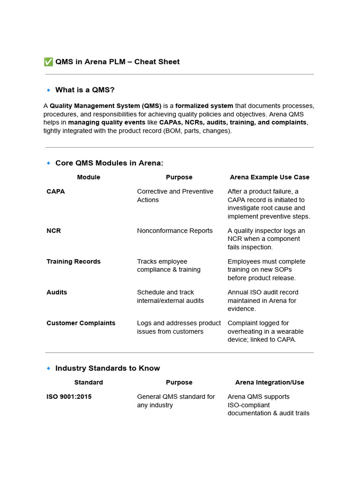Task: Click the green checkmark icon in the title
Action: point(48,62)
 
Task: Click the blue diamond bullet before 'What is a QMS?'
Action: point(48,90)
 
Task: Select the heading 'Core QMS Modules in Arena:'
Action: point(109,163)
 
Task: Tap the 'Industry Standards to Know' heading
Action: point(107,368)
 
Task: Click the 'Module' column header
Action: point(89,177)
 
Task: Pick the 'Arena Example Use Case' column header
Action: point(270,177)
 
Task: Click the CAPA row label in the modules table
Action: point(56,191)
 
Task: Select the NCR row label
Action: point(53,231)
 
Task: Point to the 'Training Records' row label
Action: point(74,262)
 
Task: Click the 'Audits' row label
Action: point(57,292)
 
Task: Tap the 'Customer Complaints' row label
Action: point(81,323)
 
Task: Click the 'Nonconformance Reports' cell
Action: point(175,231)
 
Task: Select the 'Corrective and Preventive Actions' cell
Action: point(175,195)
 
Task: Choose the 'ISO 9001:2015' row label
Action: point(69,397)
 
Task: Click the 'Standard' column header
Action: point(89,382)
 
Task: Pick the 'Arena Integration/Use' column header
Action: point(270,382)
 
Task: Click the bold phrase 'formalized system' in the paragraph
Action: point(204,106)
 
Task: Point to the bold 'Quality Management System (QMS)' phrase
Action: point(105,106)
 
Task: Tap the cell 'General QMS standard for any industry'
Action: point(176,401)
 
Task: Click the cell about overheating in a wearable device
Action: point(266,331)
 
